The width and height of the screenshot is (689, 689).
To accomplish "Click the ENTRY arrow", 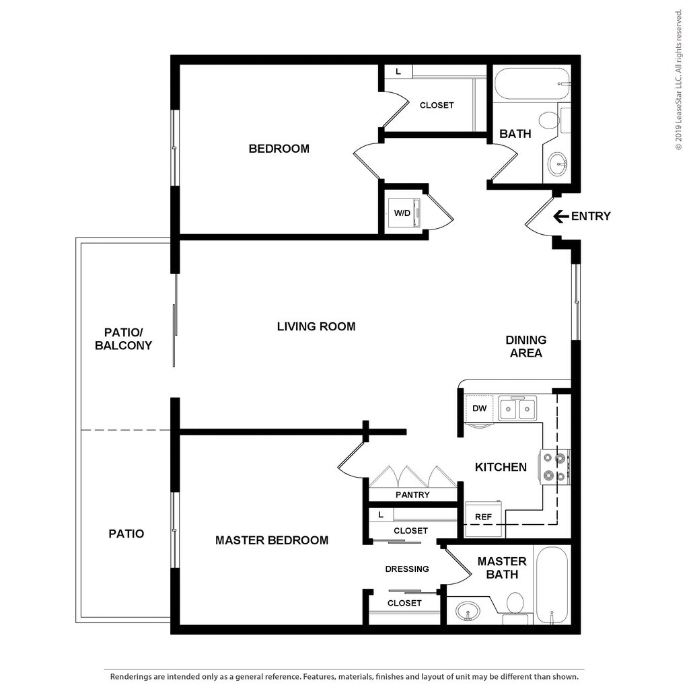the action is [561, 216].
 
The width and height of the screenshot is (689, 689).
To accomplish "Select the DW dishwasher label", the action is [479, 408].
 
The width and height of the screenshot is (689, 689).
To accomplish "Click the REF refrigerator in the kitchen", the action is [483, 519].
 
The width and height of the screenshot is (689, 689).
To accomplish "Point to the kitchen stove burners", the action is [555, 467].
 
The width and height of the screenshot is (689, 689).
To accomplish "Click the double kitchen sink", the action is [517, 408].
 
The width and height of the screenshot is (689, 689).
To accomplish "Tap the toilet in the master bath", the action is [515, 606].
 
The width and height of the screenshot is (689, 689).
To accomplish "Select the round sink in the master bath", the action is [468, 611].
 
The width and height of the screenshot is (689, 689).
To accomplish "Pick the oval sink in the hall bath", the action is [558, 164].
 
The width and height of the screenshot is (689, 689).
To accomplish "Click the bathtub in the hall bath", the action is [533, 84].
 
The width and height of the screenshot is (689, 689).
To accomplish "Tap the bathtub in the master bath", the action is [552, 585].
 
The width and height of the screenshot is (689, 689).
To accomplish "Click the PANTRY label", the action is [412, 495].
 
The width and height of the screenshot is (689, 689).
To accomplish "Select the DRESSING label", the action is [407, 569].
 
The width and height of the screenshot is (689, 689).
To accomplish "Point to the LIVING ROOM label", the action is [316, 326].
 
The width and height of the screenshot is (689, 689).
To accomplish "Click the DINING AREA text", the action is [526, 347].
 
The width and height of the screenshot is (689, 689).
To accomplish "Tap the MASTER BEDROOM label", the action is [272, 540].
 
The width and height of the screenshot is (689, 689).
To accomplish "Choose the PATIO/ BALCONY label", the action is [124, 339].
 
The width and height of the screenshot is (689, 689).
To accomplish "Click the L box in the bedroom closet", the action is [398, 71].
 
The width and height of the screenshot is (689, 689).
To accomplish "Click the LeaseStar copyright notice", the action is [679, 80].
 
